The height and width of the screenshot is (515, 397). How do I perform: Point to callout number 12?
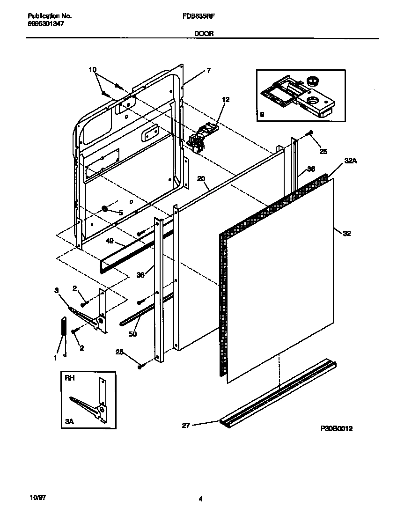coord(226,100)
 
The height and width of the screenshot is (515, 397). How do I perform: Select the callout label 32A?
coord(351,160)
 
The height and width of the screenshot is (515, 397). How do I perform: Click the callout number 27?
coord(186,425)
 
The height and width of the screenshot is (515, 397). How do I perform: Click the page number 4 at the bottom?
coord(200,500)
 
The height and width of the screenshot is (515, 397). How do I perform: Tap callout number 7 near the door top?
coord(208,71)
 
